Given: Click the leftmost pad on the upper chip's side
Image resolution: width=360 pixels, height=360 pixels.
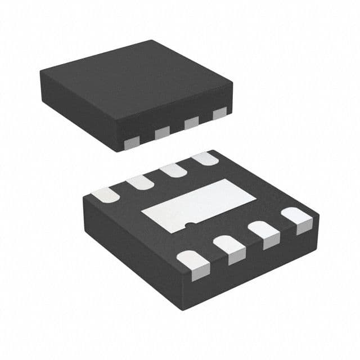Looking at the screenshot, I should [132, 143].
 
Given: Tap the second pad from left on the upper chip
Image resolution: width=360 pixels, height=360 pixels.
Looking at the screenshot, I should [162, 132].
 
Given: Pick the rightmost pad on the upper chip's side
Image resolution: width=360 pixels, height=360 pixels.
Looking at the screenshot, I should [219, 112].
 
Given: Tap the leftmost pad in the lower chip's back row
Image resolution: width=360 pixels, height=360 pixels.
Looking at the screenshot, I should [105, 195].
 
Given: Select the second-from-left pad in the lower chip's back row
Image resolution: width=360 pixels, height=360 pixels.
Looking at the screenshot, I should [139, 182].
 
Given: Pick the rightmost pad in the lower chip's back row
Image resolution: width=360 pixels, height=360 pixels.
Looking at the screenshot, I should [205, 158].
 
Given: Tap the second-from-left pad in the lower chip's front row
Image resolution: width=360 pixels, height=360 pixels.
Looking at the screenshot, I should [229, 248].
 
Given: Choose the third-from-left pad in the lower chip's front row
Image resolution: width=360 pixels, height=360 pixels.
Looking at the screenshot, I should [264, 233].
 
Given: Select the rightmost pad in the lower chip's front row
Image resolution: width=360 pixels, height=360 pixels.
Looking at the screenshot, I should [297, 219].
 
